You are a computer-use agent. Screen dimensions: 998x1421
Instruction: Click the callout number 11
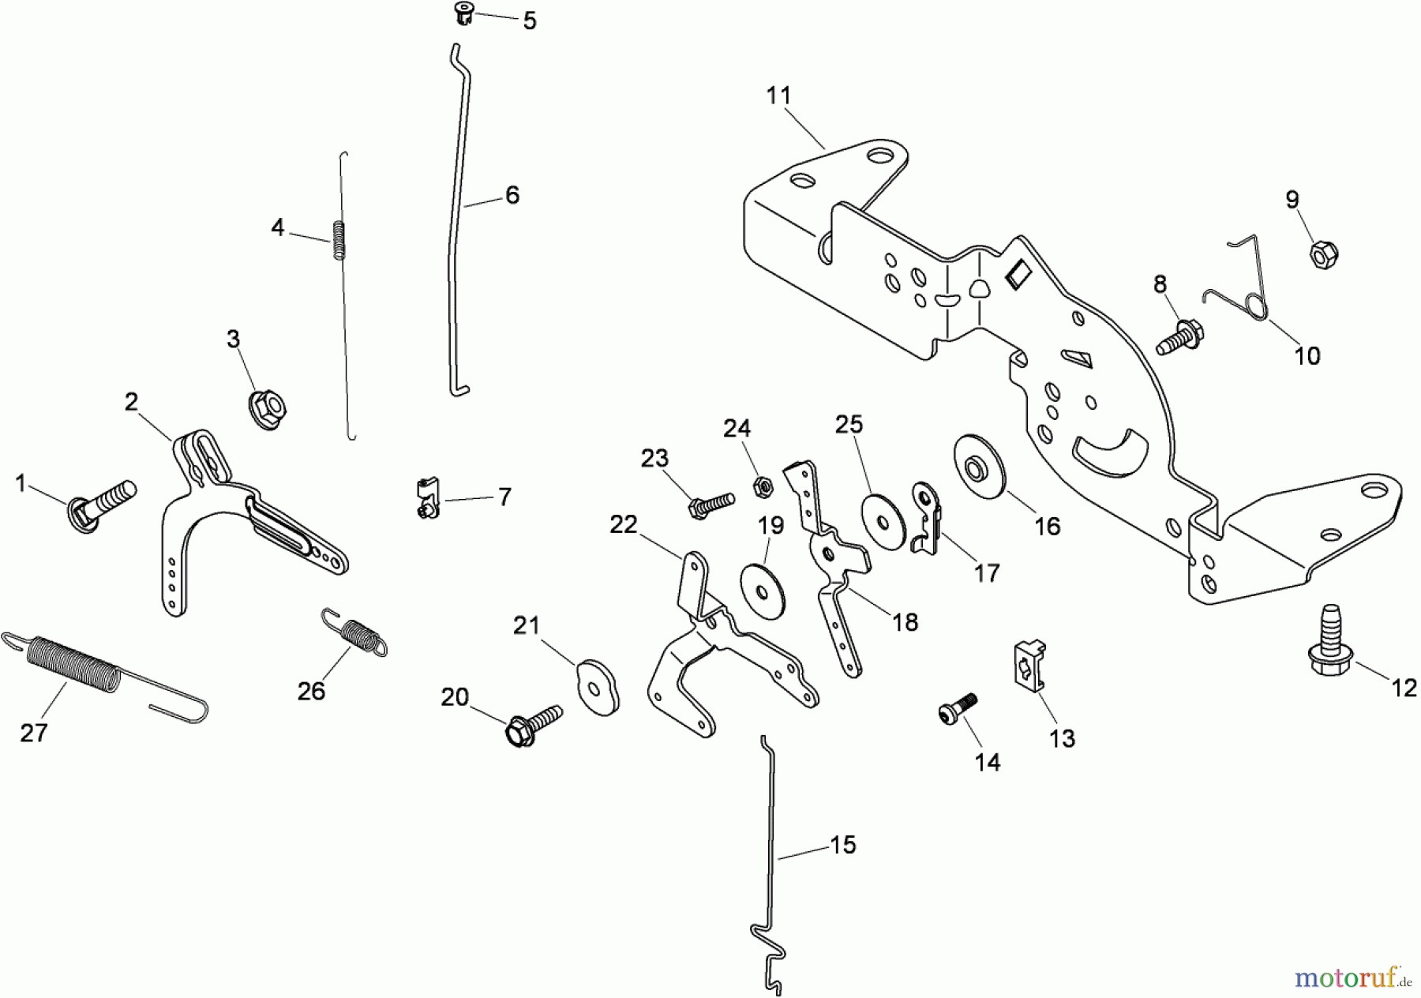coord(778,96)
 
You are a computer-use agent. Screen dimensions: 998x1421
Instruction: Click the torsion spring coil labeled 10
coord(1255,305)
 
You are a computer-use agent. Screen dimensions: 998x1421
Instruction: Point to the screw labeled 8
coord(1181,336)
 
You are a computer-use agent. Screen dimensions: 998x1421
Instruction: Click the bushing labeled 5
coord(465,13)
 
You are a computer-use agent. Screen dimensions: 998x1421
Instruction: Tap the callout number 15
coord(843,845)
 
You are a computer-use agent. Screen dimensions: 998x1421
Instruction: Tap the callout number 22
coord(624,524)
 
